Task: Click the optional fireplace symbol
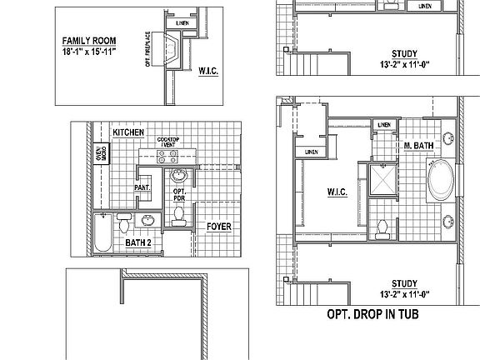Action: (x=172, y=51)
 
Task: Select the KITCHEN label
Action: (x=129, y=132)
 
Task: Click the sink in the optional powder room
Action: (x=177, y=176)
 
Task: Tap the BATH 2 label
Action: (x=138, y=242)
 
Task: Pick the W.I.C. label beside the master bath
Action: (x=337, y=192)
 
